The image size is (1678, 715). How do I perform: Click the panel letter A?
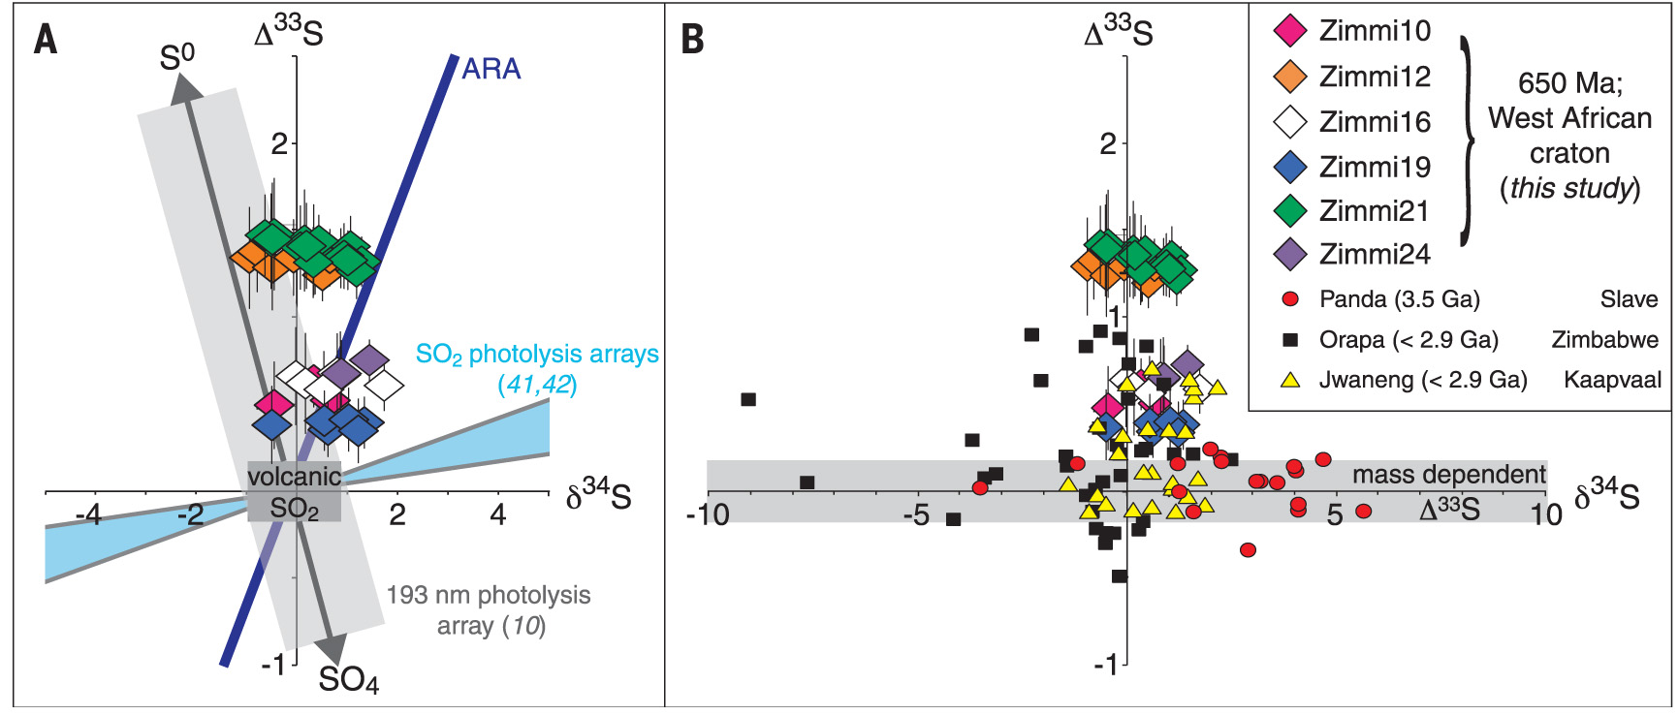point(46,40)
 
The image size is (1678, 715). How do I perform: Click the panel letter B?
point(692,40)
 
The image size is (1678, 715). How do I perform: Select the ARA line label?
point(491,69)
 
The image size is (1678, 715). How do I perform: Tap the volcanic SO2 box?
point(294,491)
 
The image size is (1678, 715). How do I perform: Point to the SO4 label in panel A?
point(348,679)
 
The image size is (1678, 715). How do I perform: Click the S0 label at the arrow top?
point(176,58)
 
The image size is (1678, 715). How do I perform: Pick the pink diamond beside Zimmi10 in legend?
point(1290,31)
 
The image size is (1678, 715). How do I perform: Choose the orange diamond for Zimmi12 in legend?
point(1290,77)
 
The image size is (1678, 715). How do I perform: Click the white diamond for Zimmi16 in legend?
point(1290,122)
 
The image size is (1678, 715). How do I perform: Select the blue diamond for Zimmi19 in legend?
point(1290,167)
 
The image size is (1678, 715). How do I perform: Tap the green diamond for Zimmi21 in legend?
point(1290,210)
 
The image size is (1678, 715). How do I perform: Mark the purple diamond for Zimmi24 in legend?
point(1290,255)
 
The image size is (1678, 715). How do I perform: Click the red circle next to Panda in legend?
point(1290,299)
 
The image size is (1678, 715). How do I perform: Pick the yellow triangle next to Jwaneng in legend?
point(1290,380)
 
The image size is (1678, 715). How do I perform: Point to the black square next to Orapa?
point(1290,340)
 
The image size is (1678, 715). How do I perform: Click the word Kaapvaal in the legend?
point(1612,380)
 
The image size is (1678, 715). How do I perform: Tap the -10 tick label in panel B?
point(708,514)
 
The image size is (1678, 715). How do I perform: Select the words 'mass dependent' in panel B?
point(1448,475)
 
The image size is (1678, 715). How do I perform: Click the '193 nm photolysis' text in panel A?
point(489,595)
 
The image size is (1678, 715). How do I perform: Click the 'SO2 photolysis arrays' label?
point(537,355)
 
